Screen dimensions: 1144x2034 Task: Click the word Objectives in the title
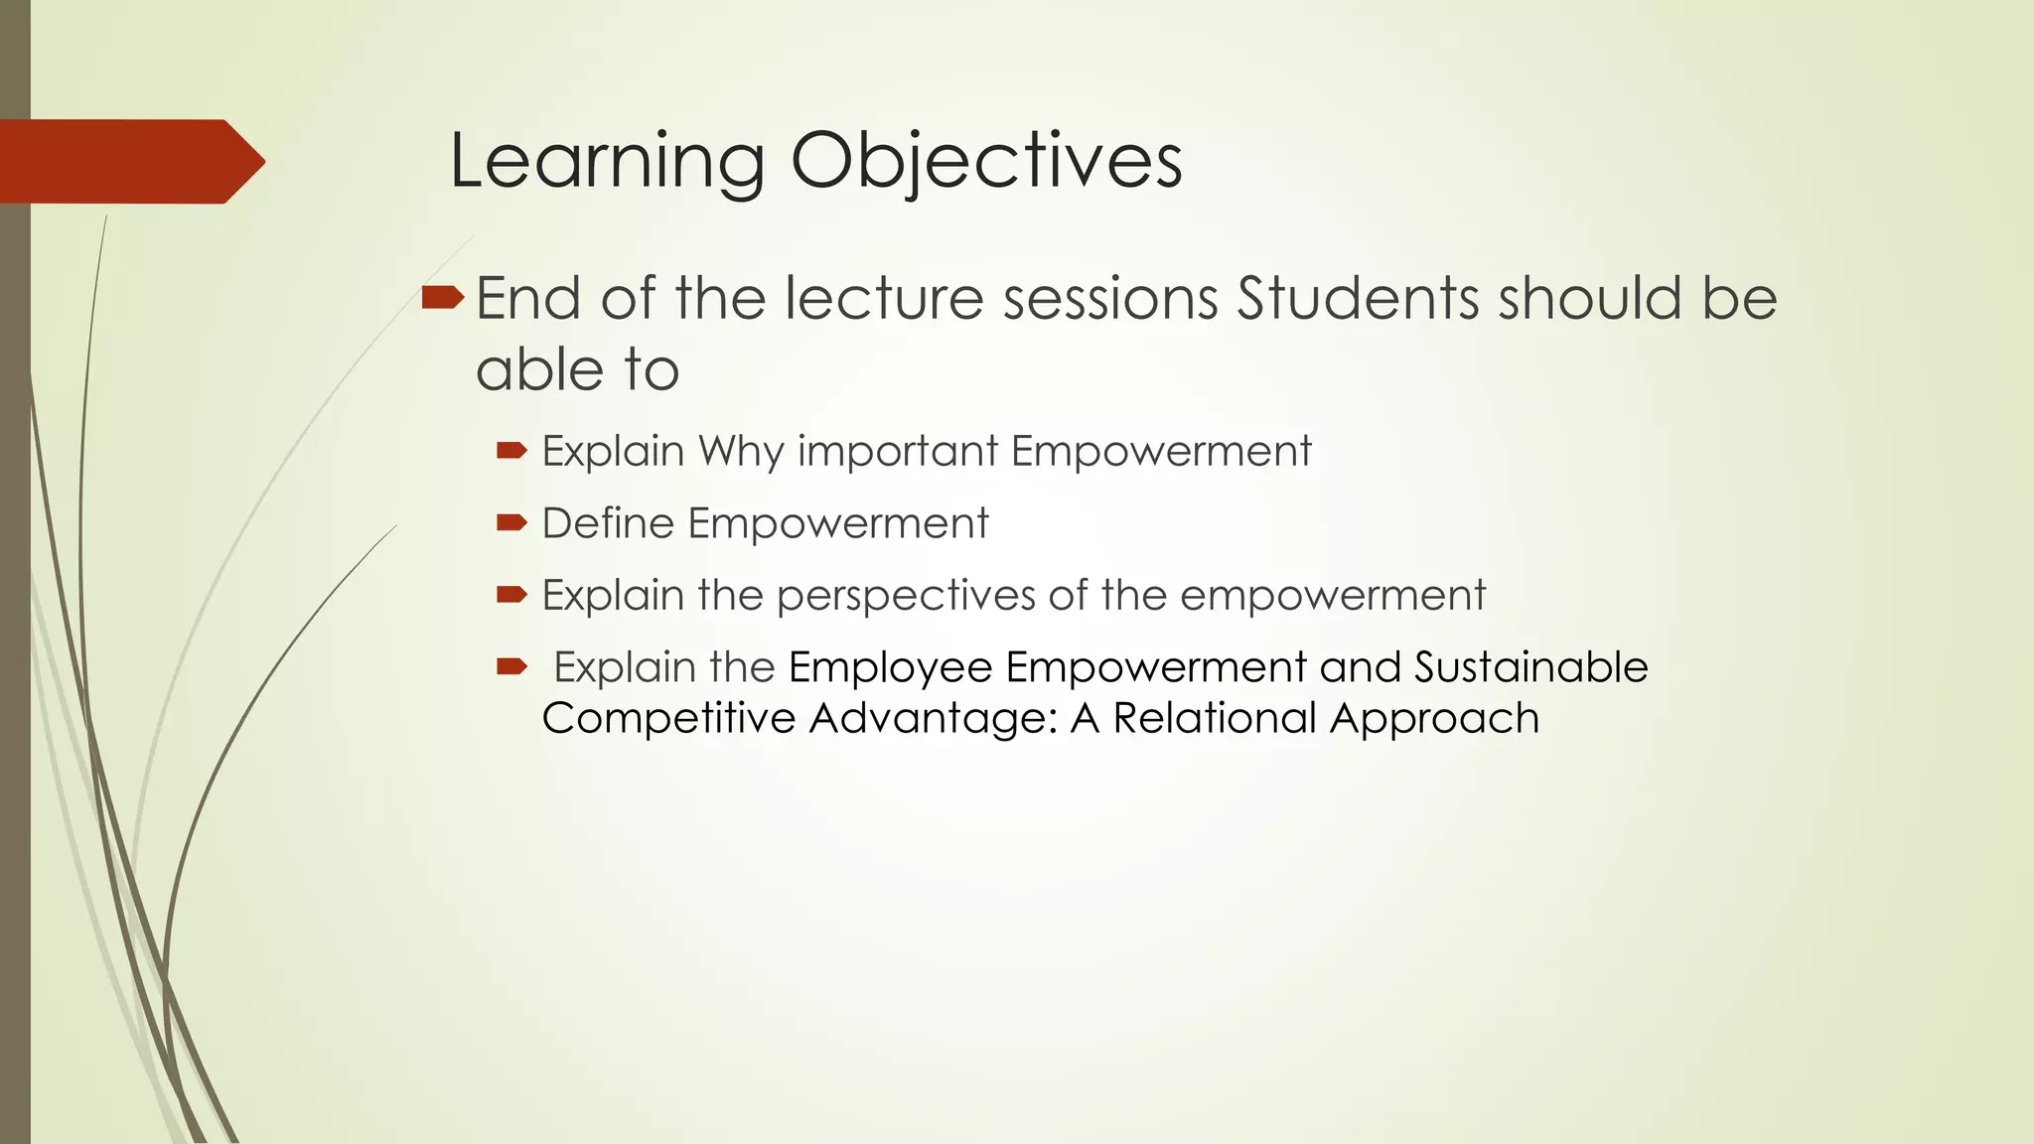pos(985,161)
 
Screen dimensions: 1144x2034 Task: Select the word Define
pos(607,523)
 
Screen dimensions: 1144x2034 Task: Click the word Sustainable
pos(1530,666)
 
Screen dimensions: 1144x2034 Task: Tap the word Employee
pos(890,666)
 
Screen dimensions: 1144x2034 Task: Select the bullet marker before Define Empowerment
pos(511,522)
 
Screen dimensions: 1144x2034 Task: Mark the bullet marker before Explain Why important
pos(511,451)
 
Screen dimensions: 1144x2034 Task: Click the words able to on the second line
pos(577,370)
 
